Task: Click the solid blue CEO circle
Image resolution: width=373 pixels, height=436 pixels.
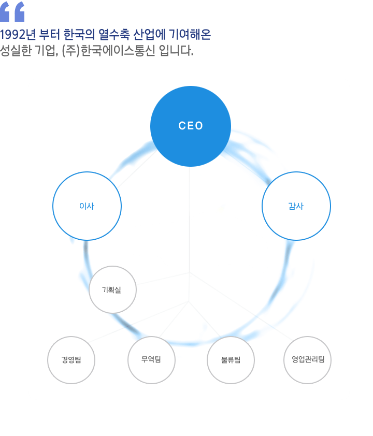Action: pyautogui.click(x=191, y=126)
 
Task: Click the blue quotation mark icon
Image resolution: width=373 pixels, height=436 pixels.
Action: pyautogui.click(x=12, y=12)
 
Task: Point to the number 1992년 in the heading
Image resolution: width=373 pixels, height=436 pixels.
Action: pyautogui.click(x=18, y=35)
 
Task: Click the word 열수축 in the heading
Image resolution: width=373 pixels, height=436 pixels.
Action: pyautogui.click(x=114, y=35)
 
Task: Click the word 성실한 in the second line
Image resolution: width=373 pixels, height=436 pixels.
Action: pyautogui.click(x=16, y=51)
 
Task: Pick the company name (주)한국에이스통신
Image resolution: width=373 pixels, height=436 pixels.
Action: pyautogui.click(x=109, y=51)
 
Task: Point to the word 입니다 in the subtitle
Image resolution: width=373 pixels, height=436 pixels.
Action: pyautogui.click(x=176, y=51)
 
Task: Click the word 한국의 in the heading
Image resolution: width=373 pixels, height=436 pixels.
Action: pyautogui.click(x=80, y=35)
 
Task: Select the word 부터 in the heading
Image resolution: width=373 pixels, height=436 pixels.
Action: pyautogui.click(x=50, y=35)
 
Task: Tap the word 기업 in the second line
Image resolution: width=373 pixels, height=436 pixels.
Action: pyautogui.click(x=47, y=51)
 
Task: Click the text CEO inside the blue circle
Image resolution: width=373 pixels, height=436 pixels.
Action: pyautogui.click(x=191, y=126)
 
